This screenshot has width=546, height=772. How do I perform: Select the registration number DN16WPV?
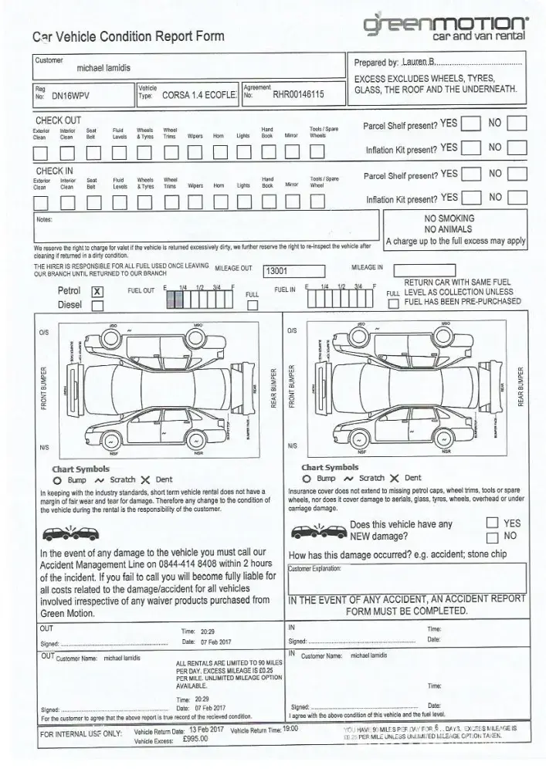pyautogui.click(x=72, y=96)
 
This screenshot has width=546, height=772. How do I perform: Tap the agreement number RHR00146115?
pyautogui.click(x=298, y=96)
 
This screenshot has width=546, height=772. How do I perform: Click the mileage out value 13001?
pyautogui.click(x=276, y=272)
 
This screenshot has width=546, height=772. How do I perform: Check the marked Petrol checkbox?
pyautogui.click(x=97, y=291)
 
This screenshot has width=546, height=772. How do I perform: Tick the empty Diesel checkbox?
pyautogui.click(x=97, y=305)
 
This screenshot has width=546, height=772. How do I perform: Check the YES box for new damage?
pyautogui.click(x=491, y=523)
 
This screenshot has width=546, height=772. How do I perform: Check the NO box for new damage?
pyautogui.click(x=491, y=537)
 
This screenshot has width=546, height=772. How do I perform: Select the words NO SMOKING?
pyautogui.click(x=449, y=219)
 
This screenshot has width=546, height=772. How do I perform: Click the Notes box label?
pyautogui.click(x=44, y=219)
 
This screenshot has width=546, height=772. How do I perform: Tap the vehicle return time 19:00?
pyautogui.click(x=290, y=729)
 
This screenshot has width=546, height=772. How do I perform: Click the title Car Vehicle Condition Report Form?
pyautogui.click(x=128, y=36)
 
